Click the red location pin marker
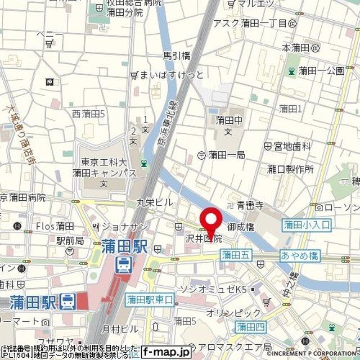211,221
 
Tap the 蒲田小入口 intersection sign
307,225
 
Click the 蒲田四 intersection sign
250,326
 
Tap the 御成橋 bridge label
241,227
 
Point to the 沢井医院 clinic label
202,238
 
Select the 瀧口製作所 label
290,169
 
